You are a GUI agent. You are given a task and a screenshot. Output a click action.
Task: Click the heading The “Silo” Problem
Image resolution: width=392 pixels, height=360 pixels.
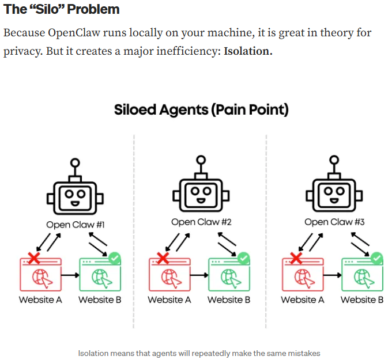click(x=62, y=10)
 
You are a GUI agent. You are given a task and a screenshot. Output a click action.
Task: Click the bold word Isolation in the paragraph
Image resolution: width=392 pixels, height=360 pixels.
click(x=247, y=51)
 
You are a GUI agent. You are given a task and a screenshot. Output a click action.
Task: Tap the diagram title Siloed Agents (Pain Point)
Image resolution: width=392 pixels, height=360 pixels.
click(x=201, y=109)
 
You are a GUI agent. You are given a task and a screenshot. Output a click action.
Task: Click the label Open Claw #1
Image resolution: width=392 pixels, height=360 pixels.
click(x=75, y=225)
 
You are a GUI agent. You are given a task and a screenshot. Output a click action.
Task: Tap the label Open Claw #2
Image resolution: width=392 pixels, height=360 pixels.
click(x=199, y=222)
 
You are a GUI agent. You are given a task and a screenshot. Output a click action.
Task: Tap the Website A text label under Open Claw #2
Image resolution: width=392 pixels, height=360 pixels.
click(x=169, y=300)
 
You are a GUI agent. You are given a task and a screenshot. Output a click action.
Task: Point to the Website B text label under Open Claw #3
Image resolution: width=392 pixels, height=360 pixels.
click(x=362, y=300)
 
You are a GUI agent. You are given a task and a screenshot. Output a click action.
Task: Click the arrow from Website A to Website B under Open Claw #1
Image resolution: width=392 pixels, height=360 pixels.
click(x=69, y=275)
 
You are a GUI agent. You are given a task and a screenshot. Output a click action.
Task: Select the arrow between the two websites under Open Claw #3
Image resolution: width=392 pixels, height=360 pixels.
click(x=330, y=275)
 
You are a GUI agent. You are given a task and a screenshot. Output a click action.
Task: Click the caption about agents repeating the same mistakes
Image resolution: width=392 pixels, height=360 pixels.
click(x=199, y=353)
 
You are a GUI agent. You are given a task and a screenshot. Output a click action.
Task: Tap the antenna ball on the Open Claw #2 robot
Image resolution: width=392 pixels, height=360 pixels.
click(x=200, y=160)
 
